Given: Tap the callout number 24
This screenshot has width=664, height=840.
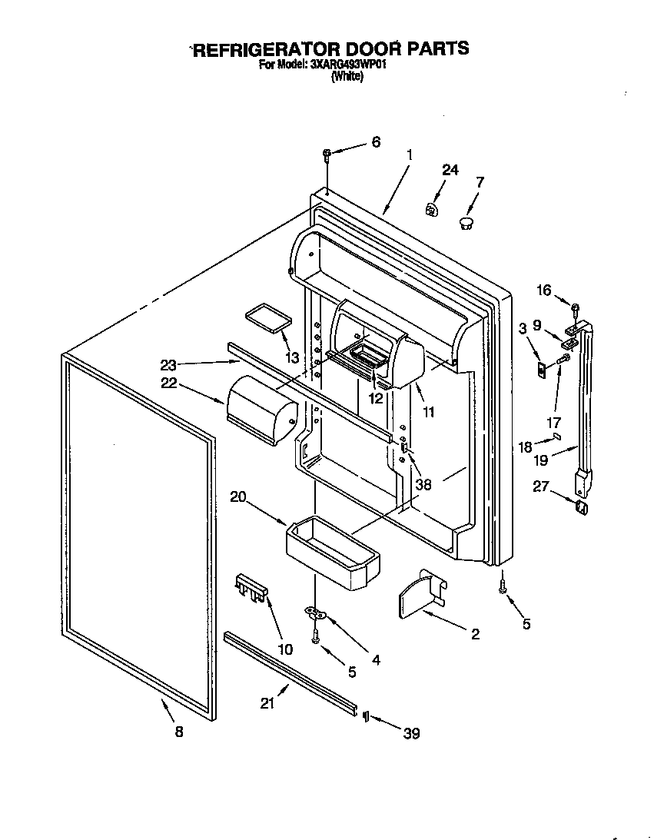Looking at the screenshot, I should [450, 170].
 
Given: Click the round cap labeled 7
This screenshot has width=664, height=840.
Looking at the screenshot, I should [466, 223].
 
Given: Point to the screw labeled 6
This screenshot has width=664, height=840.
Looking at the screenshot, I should [327, 156].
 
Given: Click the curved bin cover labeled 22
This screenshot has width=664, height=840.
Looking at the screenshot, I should [261, 411].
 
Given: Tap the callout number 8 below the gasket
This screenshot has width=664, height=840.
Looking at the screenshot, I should [179, 732].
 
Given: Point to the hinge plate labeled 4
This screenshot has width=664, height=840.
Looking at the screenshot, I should [316, 613].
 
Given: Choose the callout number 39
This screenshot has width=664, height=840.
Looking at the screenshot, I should [412, 734].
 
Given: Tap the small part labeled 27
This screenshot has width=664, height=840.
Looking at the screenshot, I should [583, 508].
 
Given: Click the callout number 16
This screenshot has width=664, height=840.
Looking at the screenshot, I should [544, 291].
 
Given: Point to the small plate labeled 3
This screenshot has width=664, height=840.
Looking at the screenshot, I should [542, 370].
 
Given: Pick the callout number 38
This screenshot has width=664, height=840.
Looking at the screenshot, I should [422, 485].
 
